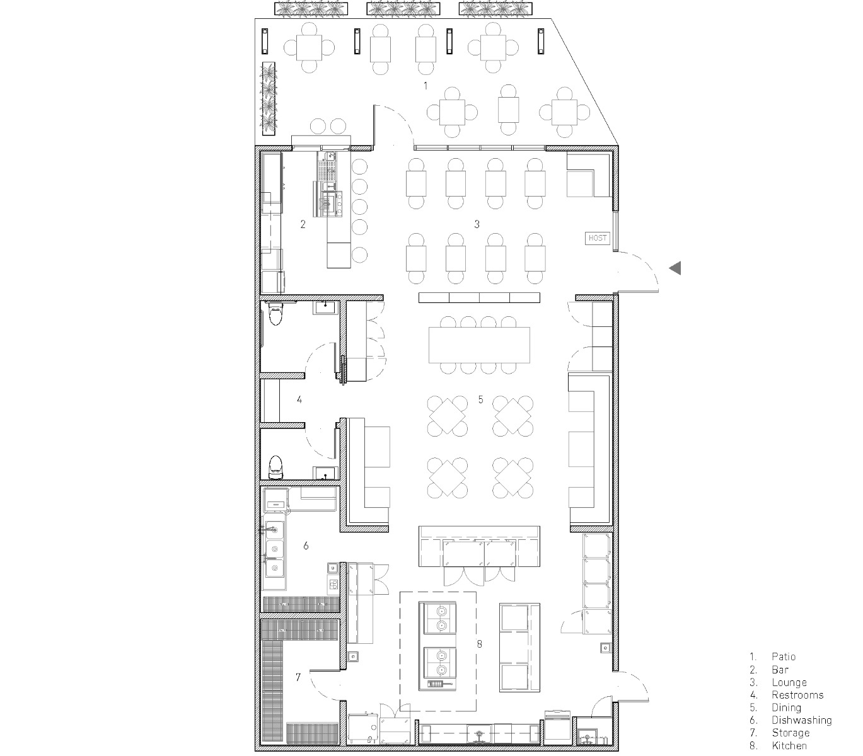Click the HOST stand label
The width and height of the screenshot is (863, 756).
(x=597, y=238)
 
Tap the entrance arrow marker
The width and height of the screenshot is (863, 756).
(x=675, y=268)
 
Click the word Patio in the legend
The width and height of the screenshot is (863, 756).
(x=784, y=656)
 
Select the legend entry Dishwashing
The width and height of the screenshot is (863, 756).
(x=801, y=720)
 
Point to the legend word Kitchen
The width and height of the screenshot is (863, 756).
(x=789, y=746)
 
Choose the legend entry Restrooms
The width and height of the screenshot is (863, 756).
(x=797, y=695)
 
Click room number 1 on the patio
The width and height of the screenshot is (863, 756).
(x=426, y=84)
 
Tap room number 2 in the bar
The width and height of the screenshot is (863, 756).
(x=303, y=224)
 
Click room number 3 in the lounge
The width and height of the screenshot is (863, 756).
(x=477, y=224)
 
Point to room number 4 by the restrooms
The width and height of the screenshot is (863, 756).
(x=299, y=399)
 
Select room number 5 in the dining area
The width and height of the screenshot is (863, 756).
(x=480, y=399)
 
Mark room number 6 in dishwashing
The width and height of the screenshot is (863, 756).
(x=306, y=546)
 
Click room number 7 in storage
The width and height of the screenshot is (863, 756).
(x=298, y=677)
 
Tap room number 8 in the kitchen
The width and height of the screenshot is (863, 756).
(x=480, y=644)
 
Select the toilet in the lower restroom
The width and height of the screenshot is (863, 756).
(x=275, y=466)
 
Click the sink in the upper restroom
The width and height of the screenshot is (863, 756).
(x=325, y=307)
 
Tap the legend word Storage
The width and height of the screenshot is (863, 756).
(x=790, y=733)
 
